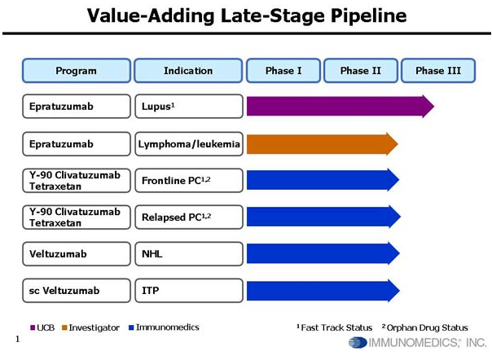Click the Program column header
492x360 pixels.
tap(77, 71)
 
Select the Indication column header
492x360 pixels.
tap(188, 71)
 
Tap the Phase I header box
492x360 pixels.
tap(283, 71)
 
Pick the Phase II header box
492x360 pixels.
tap(361, 71)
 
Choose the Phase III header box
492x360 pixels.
tap(438, 71)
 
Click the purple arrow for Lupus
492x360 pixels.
tap(340, 107)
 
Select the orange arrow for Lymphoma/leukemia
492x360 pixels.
tap(323, 144)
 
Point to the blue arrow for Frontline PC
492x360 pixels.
tap(323, 180)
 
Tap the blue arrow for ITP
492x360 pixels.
tap(323, 291)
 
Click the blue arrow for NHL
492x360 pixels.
tap(323, 253)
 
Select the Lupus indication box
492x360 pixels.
tap(189, 107)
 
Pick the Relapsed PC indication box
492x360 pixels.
tap(189, 217)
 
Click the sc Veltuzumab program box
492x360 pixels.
tap(77, 291)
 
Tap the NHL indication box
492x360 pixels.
tap(189, 253)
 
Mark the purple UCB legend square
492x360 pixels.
tap(33, 327)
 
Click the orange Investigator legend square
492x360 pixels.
tap(64, 327)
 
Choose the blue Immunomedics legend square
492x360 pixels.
tap(131, 327)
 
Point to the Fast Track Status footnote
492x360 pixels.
tap(335, 327)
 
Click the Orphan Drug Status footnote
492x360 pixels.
tap(425, 327)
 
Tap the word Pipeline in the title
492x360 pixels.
tap(369, 15)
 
